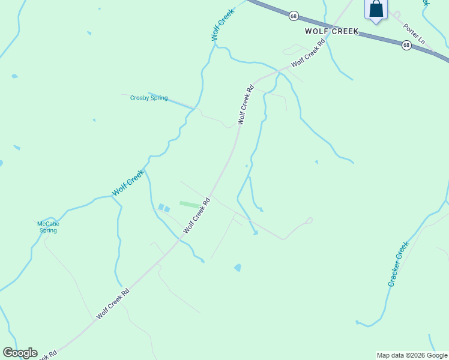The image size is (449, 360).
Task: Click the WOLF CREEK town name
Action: pyautogui.click(x=331, y=31)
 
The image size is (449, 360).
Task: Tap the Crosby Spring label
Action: pyautogui.click(x=149, y=98)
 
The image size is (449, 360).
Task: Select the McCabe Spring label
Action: pyautogui.click(x=48, y=227)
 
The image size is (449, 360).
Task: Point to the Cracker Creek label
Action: pyautogui.click(x=398, y=263)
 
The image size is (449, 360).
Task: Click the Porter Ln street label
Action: pyautogui.click(x=414, y=34)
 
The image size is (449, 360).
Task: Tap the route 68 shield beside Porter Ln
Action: pyautogui.click(x=406, y=45)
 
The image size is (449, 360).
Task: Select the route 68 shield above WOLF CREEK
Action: pyautogui.click(x=293, y=16)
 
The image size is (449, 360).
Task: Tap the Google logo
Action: pyautogui.click(x=20, y=353)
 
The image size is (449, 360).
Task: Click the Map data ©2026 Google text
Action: pyautogui.click(x=412, y=355)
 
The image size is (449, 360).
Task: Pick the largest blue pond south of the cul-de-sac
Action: pyautogui.click(x=238, y=268)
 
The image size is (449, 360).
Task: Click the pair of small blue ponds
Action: pyautogui.click(x=163, y=208)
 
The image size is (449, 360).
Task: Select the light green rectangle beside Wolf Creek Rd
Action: pyautogui.click(x=190, y=205)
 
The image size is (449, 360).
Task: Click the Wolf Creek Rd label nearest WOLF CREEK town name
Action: pyautogui.click(x=308, y=54)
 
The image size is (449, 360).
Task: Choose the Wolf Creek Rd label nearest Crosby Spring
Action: pyautogui.click(x=246, y=104)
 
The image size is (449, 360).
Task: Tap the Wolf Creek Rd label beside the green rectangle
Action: pyautogui.click(x=197, y=215)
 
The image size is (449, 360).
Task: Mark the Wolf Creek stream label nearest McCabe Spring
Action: pyautogui.click(x=128, y=183)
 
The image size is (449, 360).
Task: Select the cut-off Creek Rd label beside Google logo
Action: pyautogui.click(x=48, y=355)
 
